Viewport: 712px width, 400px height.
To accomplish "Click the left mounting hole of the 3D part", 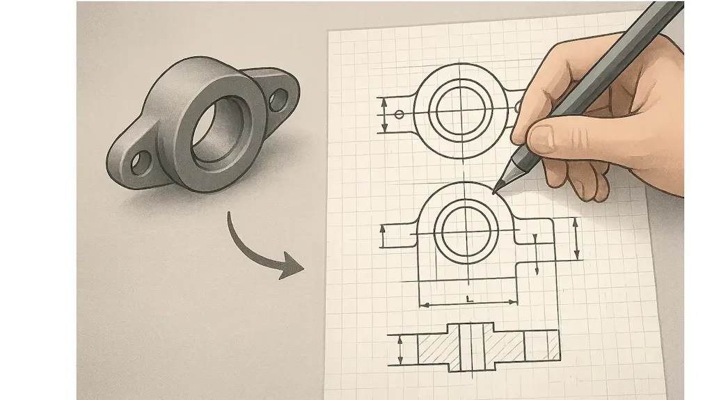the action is [x=141, y=163].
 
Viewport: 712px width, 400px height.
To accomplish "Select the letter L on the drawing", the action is [x=470, y=298].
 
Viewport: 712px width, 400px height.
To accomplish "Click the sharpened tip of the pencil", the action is [x=494, y=191].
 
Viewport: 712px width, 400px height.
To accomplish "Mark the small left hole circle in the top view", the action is [x=399, y=114].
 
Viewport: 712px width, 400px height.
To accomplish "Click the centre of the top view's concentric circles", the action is [x=464, y=109].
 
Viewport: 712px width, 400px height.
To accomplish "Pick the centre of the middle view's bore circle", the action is [x=466, y=231].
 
